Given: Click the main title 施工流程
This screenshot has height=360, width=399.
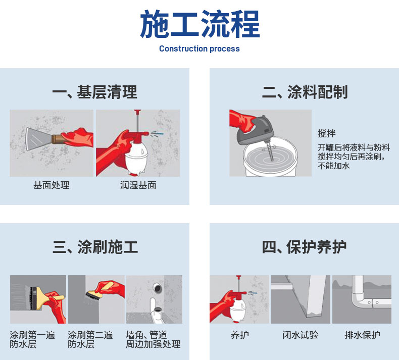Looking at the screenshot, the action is tap(200, 24).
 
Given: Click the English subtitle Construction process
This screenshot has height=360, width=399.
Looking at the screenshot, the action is tap(199, 48).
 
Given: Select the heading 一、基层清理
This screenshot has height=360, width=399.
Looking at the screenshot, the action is tap(94, 92).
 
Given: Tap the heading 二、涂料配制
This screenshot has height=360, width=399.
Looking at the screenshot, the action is tap(305, 92).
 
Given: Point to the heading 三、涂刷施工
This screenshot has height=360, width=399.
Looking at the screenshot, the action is tap(95, 247).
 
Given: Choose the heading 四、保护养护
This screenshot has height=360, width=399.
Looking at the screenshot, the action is tap(304, 247).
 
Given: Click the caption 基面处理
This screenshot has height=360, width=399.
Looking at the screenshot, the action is tap(52, 185).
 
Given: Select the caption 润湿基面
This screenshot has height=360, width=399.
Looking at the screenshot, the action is tap(138, 185).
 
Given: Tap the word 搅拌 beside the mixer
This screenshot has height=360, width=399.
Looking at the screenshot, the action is tap(327, 133).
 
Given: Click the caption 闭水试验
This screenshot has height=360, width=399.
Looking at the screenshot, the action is tap(301, 335).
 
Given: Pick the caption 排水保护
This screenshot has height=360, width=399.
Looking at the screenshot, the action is tap(362, 335).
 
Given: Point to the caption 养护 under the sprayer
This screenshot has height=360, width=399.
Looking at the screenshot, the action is tap(240, 335).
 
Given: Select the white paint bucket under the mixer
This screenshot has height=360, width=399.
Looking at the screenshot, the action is tap(270, 158).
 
